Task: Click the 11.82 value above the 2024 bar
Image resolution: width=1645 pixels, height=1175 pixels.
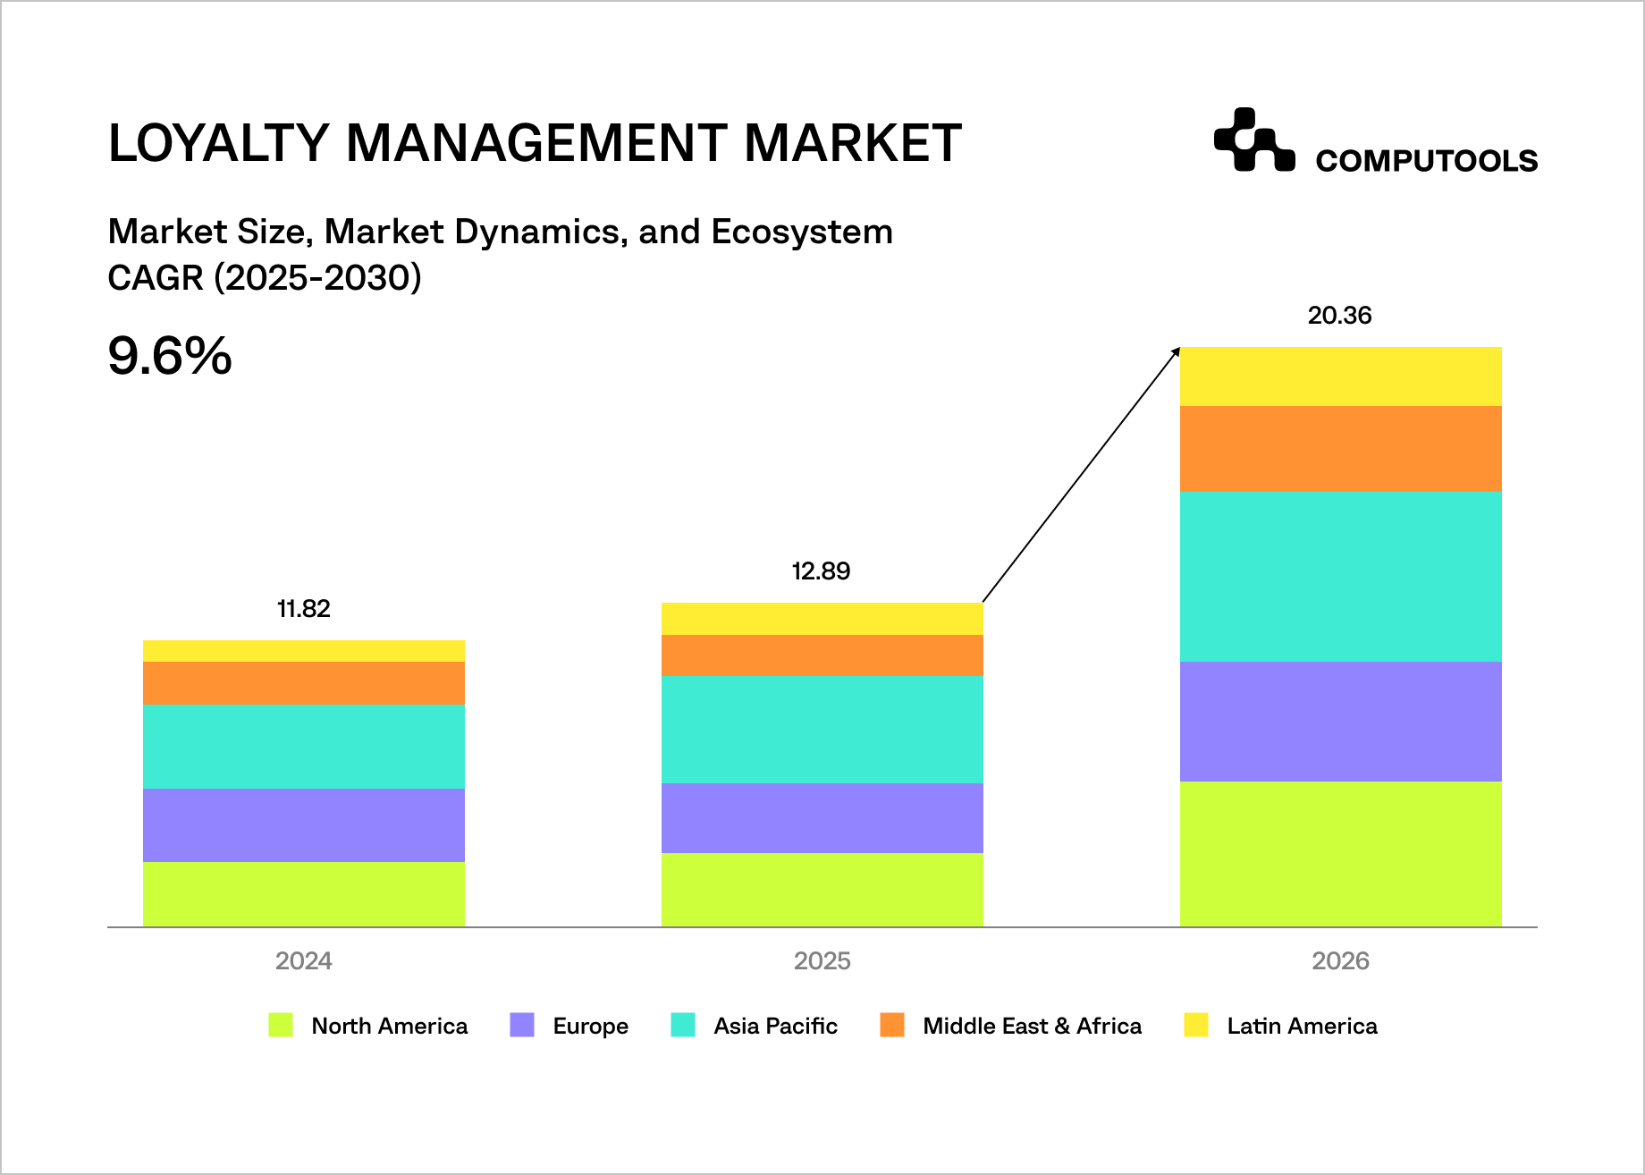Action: (x=304, y=609)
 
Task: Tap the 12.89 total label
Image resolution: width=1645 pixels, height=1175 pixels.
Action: (x=821, y=571)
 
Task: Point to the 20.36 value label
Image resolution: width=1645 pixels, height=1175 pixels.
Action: (x=1339, y=316)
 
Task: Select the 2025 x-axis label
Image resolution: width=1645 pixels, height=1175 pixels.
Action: (x=822, y=961)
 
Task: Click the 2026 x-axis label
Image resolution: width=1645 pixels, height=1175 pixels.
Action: (x=1340, y=961)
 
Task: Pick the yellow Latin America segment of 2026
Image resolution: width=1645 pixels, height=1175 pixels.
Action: (x=1340, y=376)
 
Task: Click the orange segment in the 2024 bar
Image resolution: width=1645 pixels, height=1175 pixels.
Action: (x=304, y=683)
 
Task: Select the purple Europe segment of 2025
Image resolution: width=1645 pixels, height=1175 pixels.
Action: (x=822, y=818)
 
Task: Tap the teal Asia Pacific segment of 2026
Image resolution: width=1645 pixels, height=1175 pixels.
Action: (x=1340, y=577)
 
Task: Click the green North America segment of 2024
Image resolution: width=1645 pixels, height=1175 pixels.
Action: (x=304, y=893)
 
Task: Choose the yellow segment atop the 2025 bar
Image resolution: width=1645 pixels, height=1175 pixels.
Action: (x=822, y=619)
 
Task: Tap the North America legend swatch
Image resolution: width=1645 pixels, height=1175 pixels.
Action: (x=281, y=1025)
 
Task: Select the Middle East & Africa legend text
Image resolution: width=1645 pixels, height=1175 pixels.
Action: (x=1032, y=1026)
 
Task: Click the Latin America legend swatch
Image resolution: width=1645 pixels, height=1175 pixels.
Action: (x=1195, y=1025)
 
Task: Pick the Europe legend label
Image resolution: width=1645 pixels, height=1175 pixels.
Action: (x=590, y=1026)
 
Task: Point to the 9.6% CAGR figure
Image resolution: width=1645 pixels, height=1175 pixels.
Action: (x=170, y=356)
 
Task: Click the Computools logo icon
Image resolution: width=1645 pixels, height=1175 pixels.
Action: (x=1253, y=139)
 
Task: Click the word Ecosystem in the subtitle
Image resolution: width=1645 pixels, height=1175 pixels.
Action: (x=801, y=232)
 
